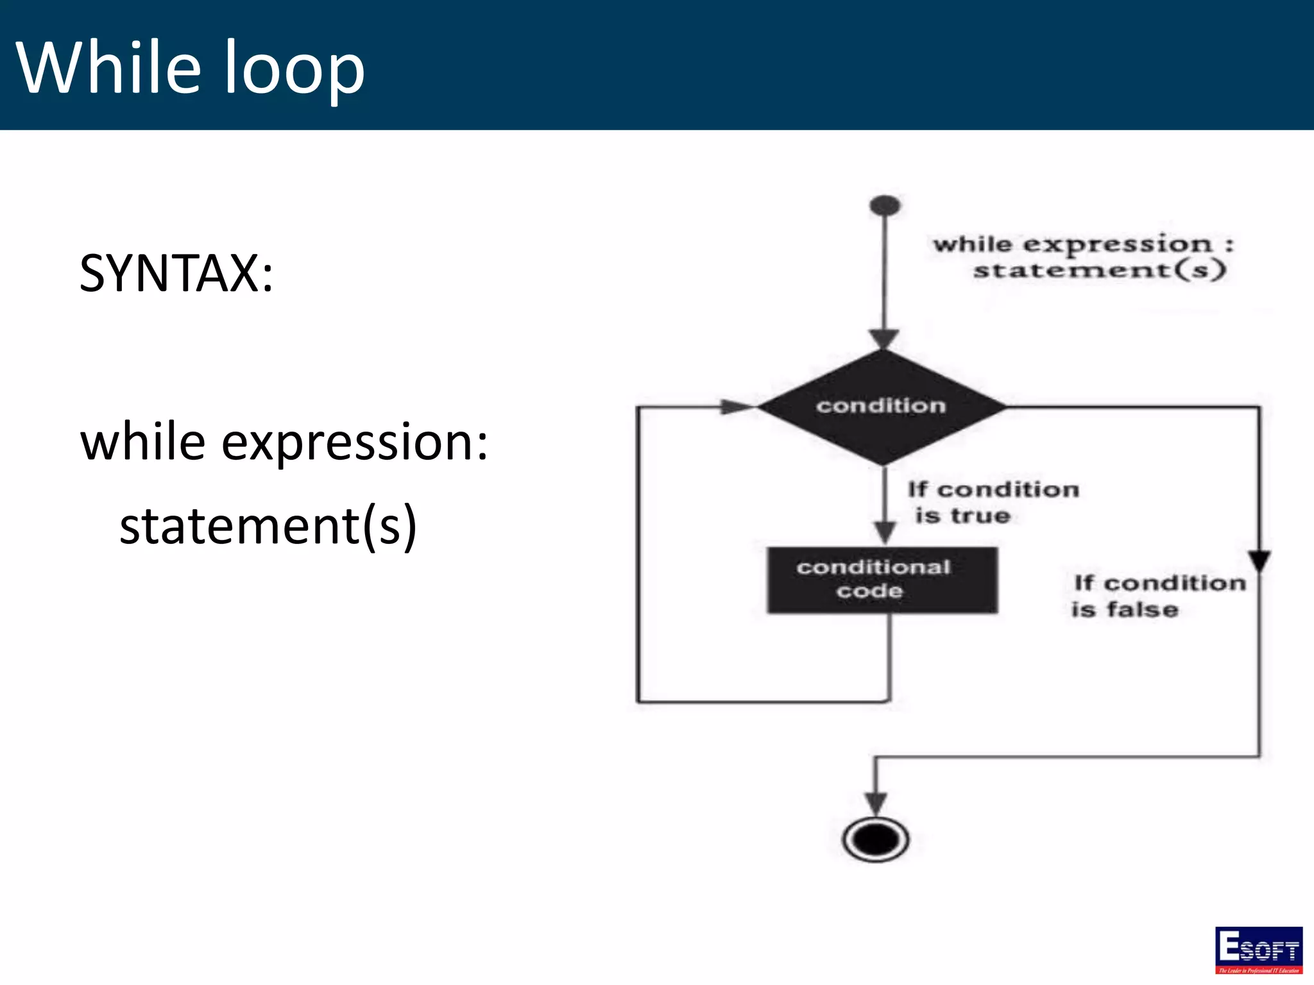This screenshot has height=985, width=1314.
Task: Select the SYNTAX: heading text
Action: point(176,274)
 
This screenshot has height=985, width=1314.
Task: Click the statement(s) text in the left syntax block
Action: point(268,526)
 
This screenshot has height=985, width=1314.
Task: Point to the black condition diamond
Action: point(882,407)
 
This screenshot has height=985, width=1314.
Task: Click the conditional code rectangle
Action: point(882,580)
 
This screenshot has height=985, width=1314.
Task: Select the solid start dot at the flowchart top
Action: point(885,206)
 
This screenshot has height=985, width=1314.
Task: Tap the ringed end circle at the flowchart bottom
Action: point(876,839)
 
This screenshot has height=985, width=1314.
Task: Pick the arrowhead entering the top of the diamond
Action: point(883,339)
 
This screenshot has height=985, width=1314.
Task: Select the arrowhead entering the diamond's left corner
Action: point(737,407)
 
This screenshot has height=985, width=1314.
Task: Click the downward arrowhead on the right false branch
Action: point(1259,560)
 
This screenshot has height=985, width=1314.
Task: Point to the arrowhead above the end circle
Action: point(876,802)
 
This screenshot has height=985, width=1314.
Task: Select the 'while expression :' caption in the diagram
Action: point(1083,244)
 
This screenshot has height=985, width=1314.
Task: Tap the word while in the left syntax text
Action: point(142,442)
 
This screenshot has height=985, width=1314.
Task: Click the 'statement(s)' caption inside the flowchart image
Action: point(1099,270)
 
